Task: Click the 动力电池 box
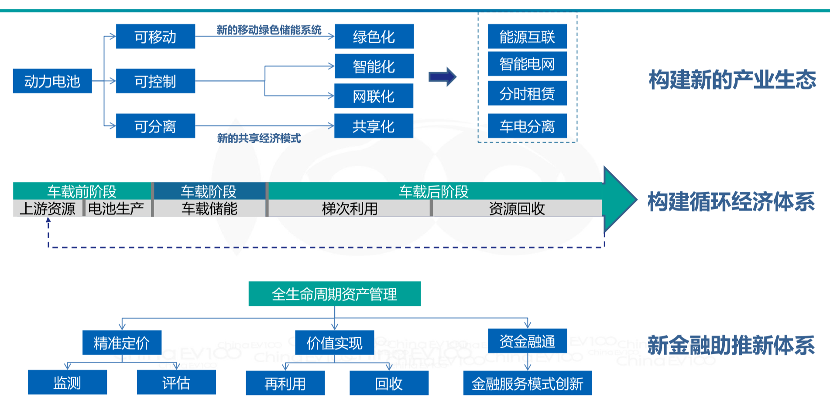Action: point(52,81)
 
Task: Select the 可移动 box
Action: point(155,37)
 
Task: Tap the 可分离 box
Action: point(155,126)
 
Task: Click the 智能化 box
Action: point(374,66)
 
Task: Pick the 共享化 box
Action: point(374,126)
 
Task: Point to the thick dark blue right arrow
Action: point(442,77)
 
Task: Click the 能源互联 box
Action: point(527,37)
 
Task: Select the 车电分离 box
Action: point(527,126)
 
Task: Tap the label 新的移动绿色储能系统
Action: point(269,30)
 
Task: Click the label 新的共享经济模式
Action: point(259,138)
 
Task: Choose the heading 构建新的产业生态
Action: point(732,80)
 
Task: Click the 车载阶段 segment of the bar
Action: point(209,191)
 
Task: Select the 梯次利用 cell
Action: point(350,209)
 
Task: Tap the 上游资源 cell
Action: point(48,209)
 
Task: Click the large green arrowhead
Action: point(619,200)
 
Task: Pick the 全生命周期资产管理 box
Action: point(334,294)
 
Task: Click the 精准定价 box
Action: point(122,343)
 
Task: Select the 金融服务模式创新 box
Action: point(527,384)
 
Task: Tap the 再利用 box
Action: point(285,384)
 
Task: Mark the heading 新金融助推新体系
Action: point(731,345)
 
